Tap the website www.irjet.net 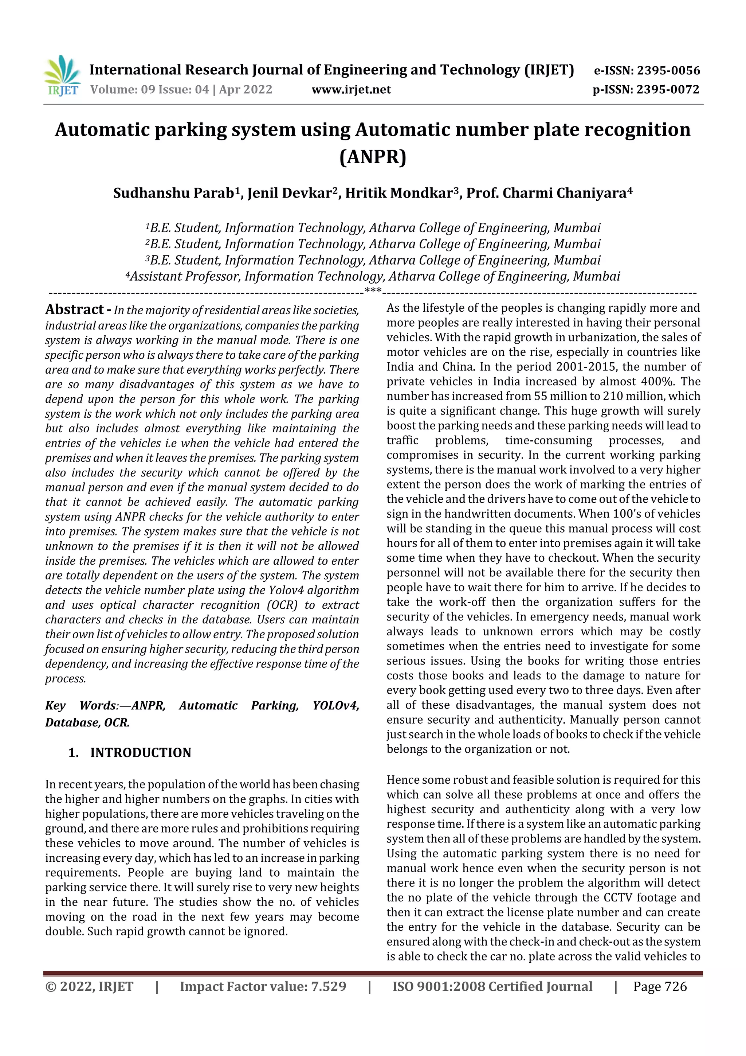click(x=351, y=90)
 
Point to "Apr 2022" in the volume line click(x=246, y=90)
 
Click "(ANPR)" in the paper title click(x=373, y=157)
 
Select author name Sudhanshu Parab click(x=174, y=193)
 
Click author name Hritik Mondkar click(x=399, y=193)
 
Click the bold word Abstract click(x=74, y=309)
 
